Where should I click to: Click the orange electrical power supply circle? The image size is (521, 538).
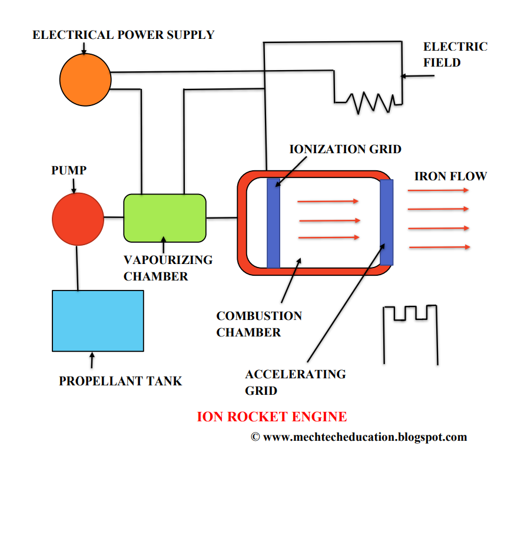(x=85, y=80)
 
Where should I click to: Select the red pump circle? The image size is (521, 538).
(x=78, y=219)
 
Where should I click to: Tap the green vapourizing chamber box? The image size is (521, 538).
(x=165, y=218)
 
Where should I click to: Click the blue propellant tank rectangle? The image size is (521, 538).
(x=98, y=321)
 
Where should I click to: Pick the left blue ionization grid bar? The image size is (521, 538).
(x=273, y=223)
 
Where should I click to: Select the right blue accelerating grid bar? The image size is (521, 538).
(x=386, y=222)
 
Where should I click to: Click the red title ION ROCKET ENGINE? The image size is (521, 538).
(x=271, y=417)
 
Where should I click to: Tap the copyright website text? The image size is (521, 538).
(x=359, y=437)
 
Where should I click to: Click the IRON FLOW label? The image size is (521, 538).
(x=450, y=176)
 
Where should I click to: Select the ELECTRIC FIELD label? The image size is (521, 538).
(x=455, y=54)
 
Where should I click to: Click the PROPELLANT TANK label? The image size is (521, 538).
(x=120, y=381)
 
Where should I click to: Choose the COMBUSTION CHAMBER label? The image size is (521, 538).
(x=259, y=324)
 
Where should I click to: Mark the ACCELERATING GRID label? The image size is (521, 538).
(x=295, y=382)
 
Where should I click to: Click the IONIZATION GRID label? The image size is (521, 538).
(x=345, y=149)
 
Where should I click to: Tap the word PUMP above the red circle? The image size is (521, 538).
(x=69, y=170)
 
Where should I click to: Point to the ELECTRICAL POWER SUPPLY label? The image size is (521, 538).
(x=123, y=34)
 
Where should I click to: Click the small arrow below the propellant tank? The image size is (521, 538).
(x=92, y=359)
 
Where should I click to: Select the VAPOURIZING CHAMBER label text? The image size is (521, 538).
(x=168, y=268)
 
